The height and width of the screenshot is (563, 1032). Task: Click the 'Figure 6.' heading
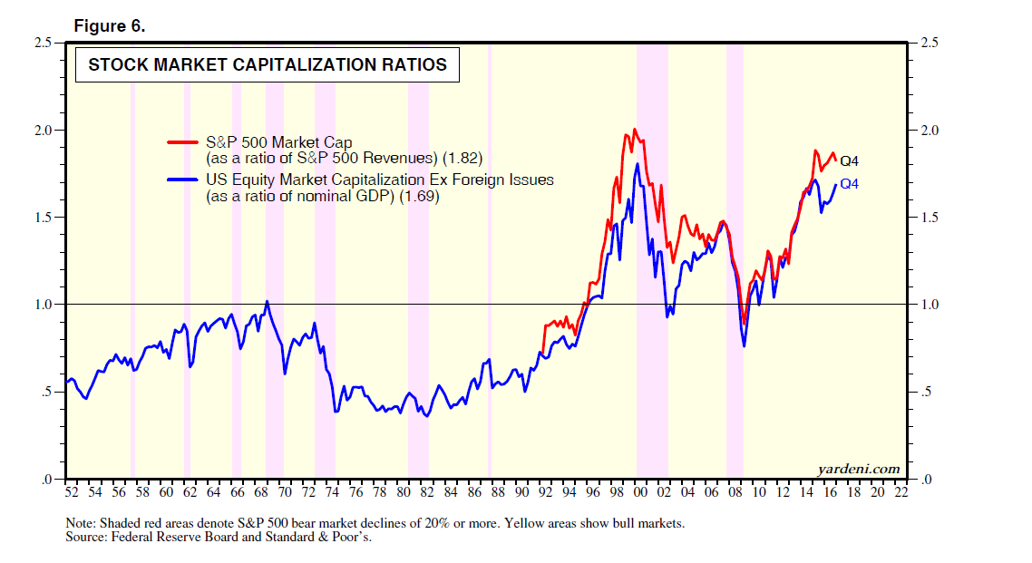click(x=109, y=26)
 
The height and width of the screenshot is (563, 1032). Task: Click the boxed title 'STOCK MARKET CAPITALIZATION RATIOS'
click(x=268, y=65)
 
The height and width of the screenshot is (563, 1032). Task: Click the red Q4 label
click(x=849, y=161)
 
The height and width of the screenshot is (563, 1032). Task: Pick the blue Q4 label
click(x=849, y=184)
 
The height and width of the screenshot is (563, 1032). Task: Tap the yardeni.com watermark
click(x=859, y=469)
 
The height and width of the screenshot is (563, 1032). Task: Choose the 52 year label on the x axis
click(x=72, y=492)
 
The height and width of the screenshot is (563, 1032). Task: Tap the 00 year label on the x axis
click(x=641, y=492)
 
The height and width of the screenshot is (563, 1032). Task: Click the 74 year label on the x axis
click(x=332, y=492)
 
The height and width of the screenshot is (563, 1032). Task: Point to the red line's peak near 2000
click(x=635, y=129)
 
